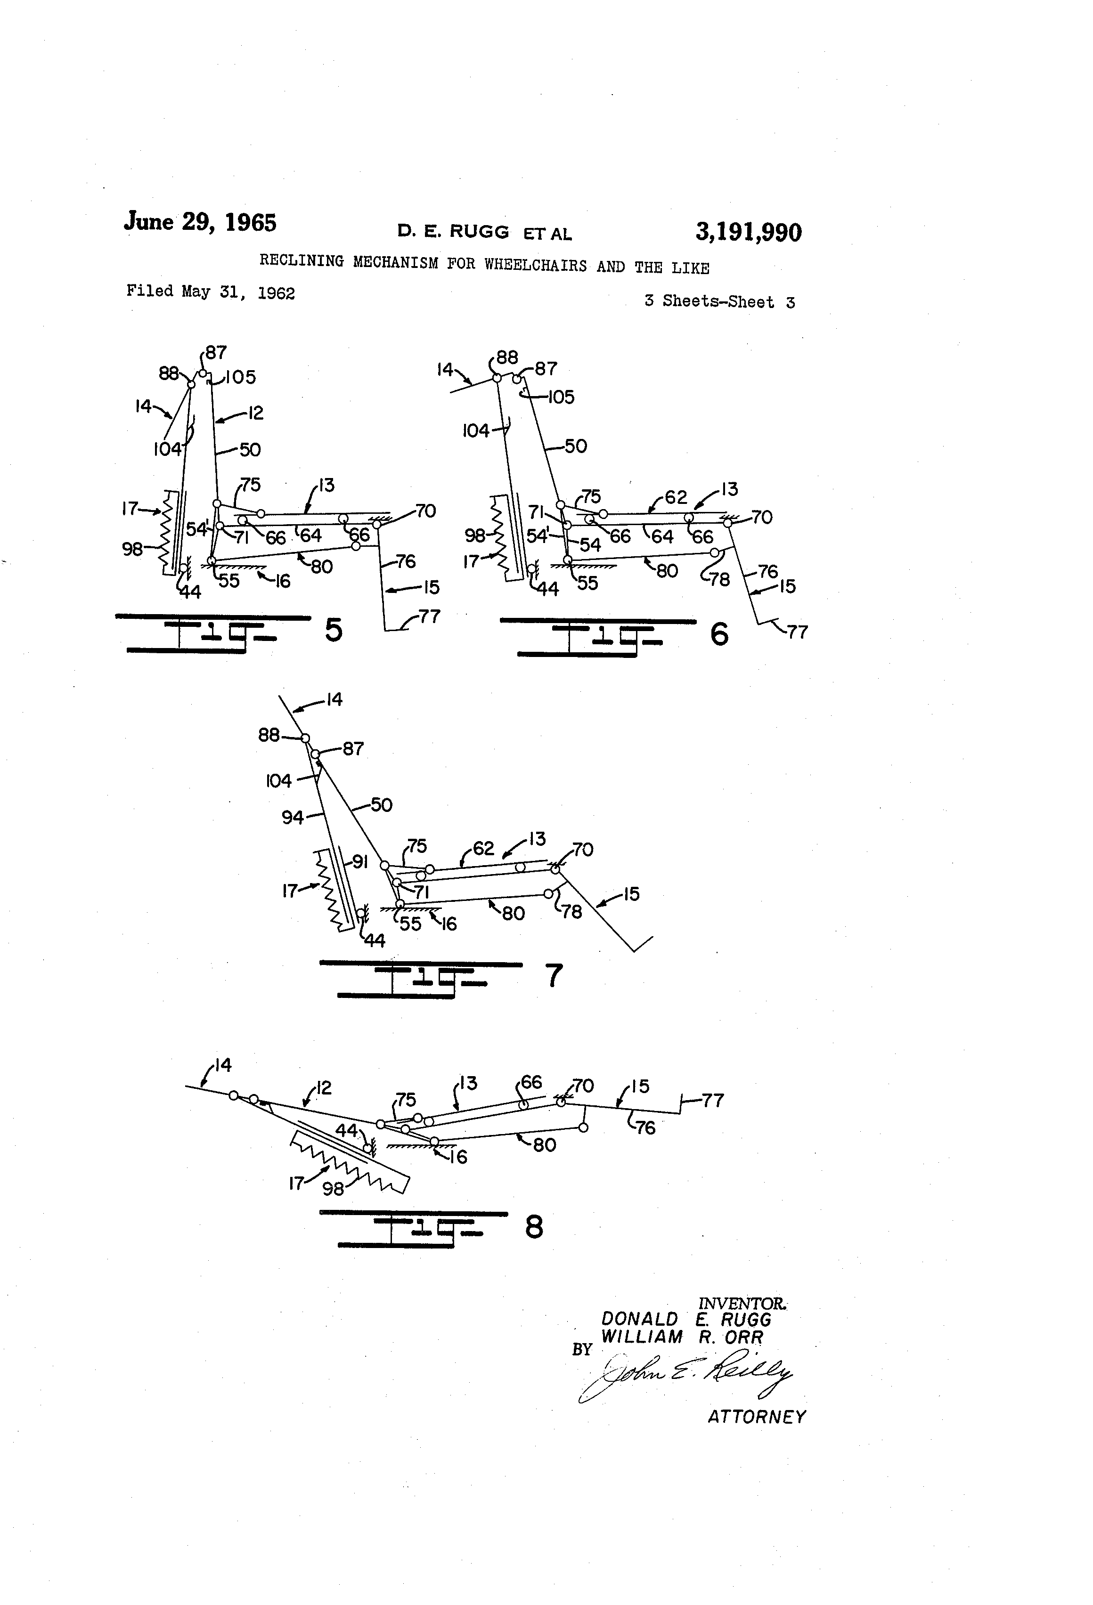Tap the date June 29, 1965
[200, 222]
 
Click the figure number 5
[334, 630]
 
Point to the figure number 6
[719, 634]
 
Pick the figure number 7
[554, 976]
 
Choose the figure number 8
[534, 1227]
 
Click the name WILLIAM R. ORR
[682, 1337]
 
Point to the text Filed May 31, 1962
[211, 292]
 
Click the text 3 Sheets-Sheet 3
[719, 301]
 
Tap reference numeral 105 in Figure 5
[240, 377]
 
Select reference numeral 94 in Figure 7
[292, 817]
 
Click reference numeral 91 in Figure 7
[359, 861]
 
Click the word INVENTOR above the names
[742, 1303]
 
